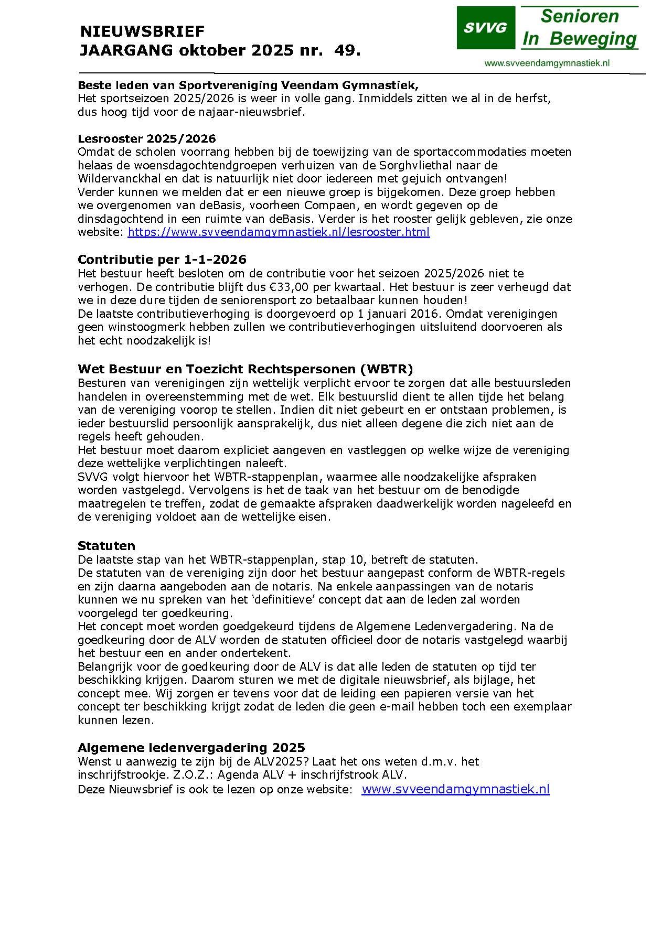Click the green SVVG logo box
pos(485,28)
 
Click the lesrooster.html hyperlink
pos(279,232)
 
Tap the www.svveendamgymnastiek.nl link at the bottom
pos(455,789)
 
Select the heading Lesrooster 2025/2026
pos(146,138)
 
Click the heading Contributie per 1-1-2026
pos(162,260)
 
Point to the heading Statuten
pos(106,545)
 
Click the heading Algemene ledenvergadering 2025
pos(191,747)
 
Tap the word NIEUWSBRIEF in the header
pos(142,32)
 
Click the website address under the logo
pos(547,63)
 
